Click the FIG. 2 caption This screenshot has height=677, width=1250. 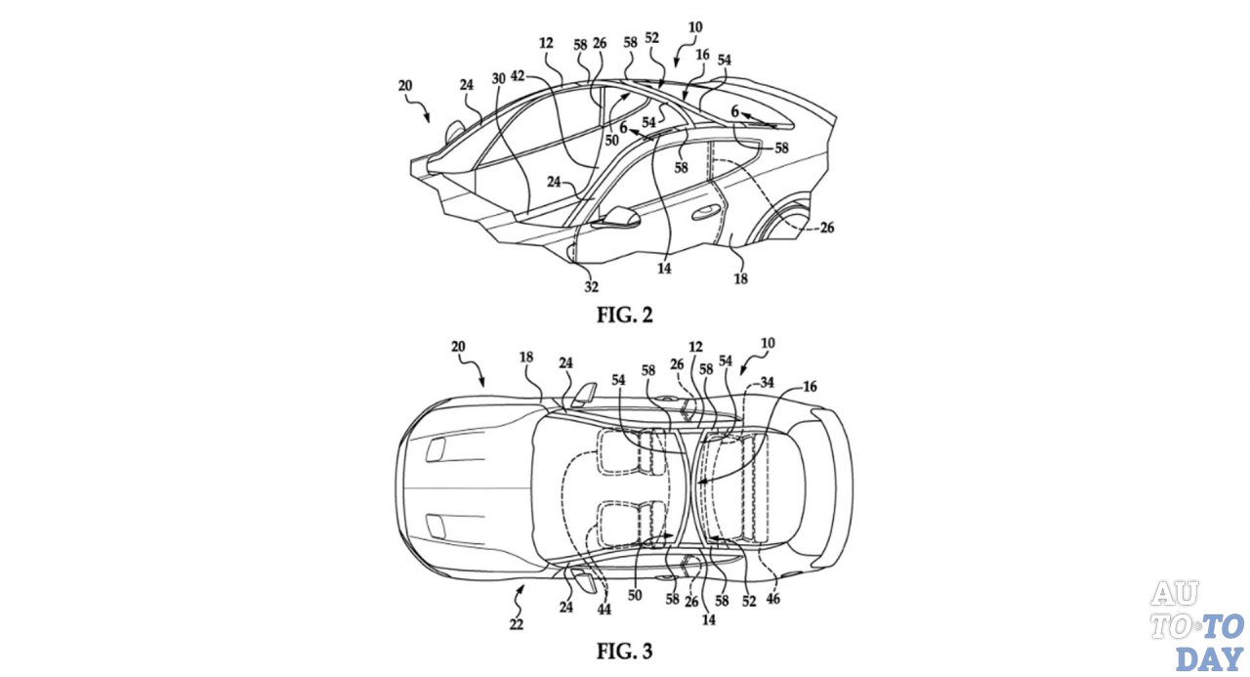click(x=624, y=316)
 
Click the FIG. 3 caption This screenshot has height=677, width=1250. click(x=624, y=651)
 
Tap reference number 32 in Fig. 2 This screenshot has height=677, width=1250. click(x=592, y=287)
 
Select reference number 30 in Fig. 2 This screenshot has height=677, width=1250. click(x=498, y=79)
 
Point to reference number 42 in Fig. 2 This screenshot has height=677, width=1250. click(x=518, y=76)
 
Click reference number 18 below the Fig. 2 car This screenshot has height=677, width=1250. click(x=740, y=278)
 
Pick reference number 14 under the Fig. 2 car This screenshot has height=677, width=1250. click(x=664, y=269)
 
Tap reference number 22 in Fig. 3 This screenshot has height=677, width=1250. click(x=517, y=624)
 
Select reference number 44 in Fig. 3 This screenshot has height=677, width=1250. click(x=604, y=610)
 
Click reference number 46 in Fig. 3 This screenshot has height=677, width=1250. click(x=772, y=599)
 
